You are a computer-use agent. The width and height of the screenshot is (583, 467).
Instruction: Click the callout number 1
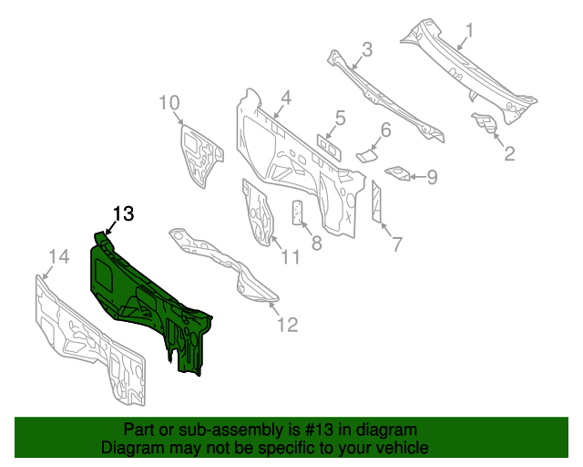(x=470, y=35)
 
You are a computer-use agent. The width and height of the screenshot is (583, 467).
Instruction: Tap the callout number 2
(x=509, y=154)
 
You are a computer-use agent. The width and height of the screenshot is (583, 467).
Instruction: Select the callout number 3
(x=366, y=49)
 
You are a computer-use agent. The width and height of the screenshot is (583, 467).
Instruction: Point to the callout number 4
(x=285, y=98)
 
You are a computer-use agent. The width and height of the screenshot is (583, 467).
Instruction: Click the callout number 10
(x=169, y=102)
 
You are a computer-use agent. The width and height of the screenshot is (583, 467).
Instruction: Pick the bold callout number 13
(x=123, y=214)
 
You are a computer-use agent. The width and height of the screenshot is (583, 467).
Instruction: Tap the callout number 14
(x=57, y=259)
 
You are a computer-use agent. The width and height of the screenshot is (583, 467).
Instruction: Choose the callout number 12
(x=287, y=325)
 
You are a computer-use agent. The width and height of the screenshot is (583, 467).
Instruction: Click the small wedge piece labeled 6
(x=364, y=153)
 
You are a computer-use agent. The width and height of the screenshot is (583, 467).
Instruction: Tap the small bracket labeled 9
(x=398, y=172)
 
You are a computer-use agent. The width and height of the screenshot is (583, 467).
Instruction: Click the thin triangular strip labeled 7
(x=376, y=202)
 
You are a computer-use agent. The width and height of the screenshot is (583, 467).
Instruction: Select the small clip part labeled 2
(x=483, y=121)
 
